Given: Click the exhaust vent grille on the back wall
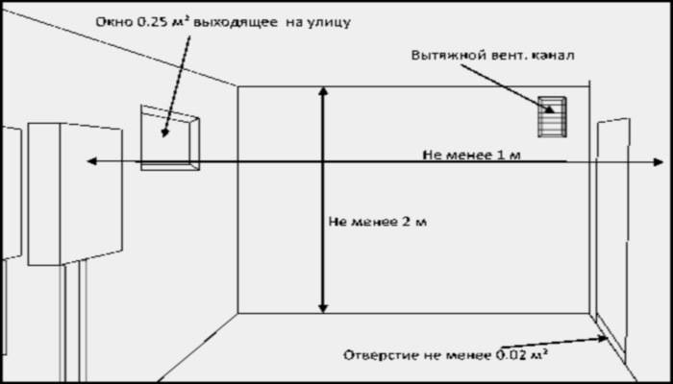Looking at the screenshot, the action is pos(552,116).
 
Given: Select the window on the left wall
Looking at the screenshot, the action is pos(170,137).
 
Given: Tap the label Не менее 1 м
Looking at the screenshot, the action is pos(472,155).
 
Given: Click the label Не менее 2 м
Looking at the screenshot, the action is pos(378,222).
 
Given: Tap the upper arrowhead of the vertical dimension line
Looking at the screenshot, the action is pos(323,91).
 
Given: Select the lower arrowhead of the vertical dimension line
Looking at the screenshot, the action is pos(323,308).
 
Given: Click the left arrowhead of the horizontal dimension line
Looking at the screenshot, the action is pos(91,161).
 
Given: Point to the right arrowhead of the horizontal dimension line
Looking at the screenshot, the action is pos(659,162).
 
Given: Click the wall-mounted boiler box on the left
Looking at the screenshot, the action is pos(75,194).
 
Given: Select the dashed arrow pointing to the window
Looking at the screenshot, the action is pos(176,86).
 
